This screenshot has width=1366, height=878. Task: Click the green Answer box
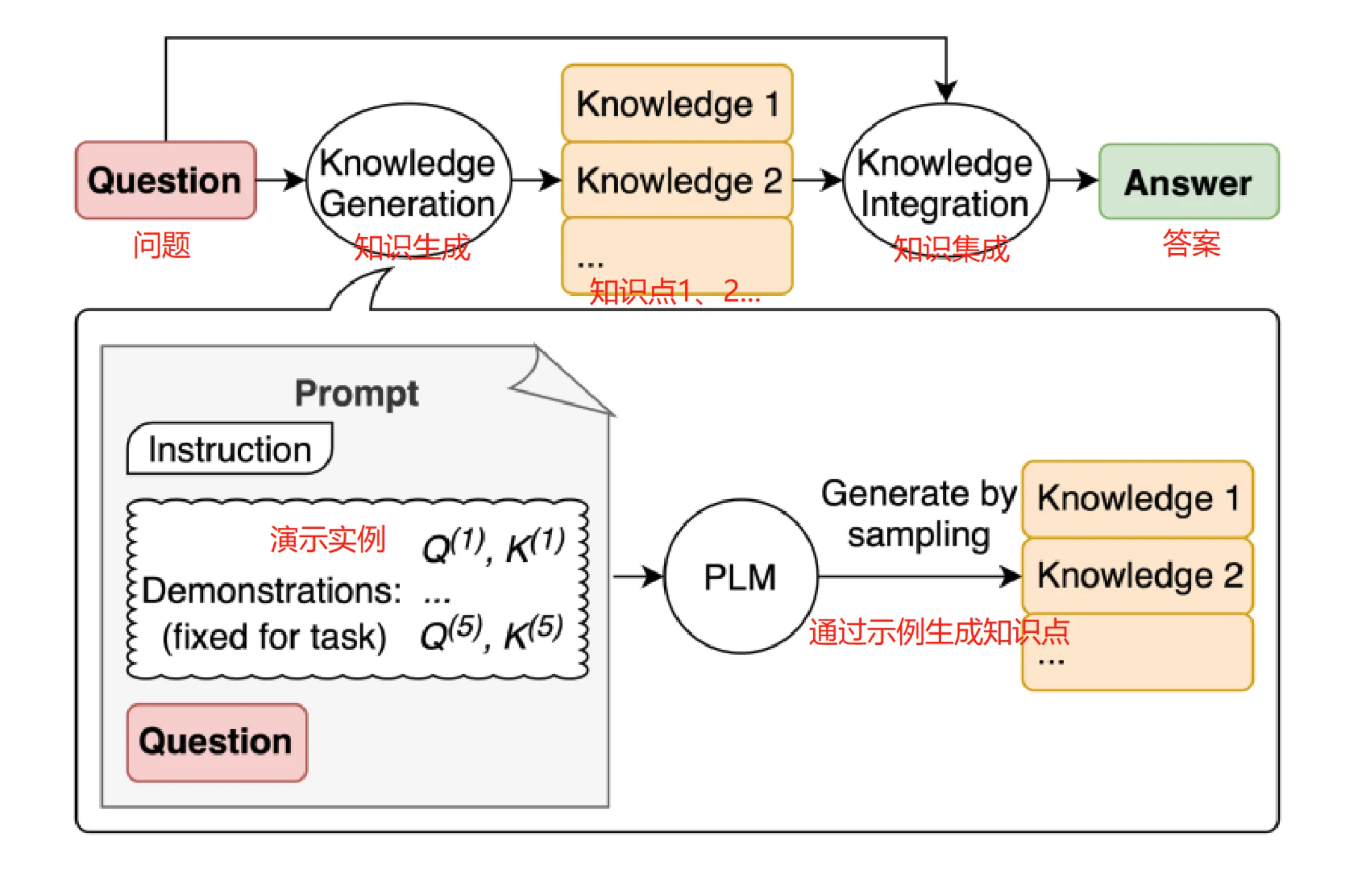[1188, 182]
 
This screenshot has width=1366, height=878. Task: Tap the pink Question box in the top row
[165, 180]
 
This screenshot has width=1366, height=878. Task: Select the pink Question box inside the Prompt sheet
[216, 742]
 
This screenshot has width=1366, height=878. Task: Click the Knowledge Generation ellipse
[408, 182]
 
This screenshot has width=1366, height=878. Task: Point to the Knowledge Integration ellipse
[945, 182]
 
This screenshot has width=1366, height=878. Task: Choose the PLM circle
[740, 577]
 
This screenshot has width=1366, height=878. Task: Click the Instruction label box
[229, 449]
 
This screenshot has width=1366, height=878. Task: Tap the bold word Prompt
[356, 393]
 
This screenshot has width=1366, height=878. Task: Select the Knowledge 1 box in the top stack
[677, 103]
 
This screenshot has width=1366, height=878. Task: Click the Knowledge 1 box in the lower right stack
[1137, 498]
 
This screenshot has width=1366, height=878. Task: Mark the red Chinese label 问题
[161, 245]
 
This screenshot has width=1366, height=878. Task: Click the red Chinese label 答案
[1191, 243]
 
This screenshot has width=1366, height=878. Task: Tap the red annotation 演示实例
[327, 539]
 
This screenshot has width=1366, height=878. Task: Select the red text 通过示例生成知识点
[938, 632]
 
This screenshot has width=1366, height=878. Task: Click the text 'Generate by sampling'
[918, 514]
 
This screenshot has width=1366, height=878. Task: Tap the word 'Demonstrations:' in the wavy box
[271, 591]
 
